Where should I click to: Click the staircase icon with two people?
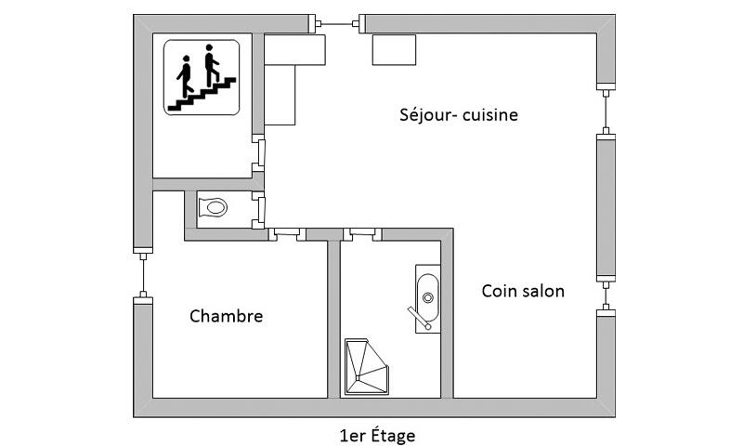pos(205,77)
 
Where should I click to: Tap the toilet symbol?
pos(214,207)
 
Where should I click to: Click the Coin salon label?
pos(523,291)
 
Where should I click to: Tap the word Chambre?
pos(226,316)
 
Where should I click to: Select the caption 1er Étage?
pos(378,434)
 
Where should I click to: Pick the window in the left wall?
pos(143,274)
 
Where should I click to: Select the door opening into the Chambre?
pos(287,233)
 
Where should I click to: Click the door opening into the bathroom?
pos(360,233)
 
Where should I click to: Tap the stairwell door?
pos(260,154)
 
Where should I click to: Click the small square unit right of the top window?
pos(393,50)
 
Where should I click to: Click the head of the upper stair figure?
pos(209,46)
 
